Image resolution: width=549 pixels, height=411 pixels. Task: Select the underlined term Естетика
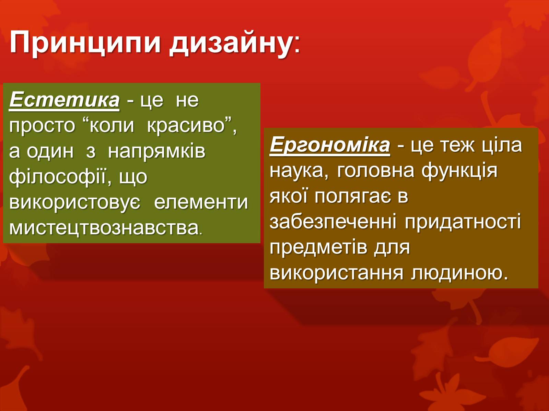(64, 100)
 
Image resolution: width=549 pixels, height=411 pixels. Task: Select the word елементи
(201, 202)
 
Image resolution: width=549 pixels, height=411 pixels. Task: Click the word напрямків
(156, 152)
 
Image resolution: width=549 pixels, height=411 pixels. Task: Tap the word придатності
(463, 222)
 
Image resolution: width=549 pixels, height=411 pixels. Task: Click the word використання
(337, 273)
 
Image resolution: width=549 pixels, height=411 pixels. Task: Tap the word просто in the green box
(42, 126)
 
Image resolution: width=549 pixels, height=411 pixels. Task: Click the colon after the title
(297, 45)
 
